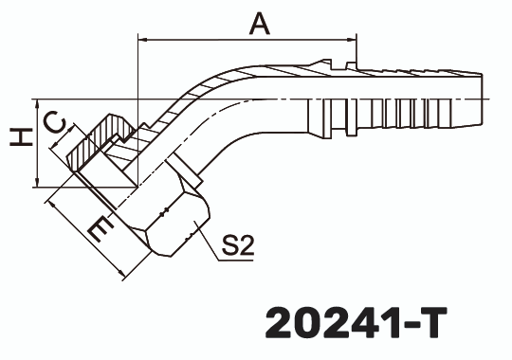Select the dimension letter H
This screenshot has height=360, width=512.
pyautogui.click(x=16, y=138)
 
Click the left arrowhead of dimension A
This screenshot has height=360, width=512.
pyautogui.click(x=143, y=40)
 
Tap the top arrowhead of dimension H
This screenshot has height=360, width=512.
pyautogui.click(x=35, y=103)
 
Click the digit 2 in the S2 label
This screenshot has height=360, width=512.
pyautogui.click(x=246, y=247)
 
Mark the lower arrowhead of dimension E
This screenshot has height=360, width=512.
pyautogui.click(x=122, y=274)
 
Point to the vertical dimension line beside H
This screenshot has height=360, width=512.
pyautogui.click(x=35, y=142)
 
